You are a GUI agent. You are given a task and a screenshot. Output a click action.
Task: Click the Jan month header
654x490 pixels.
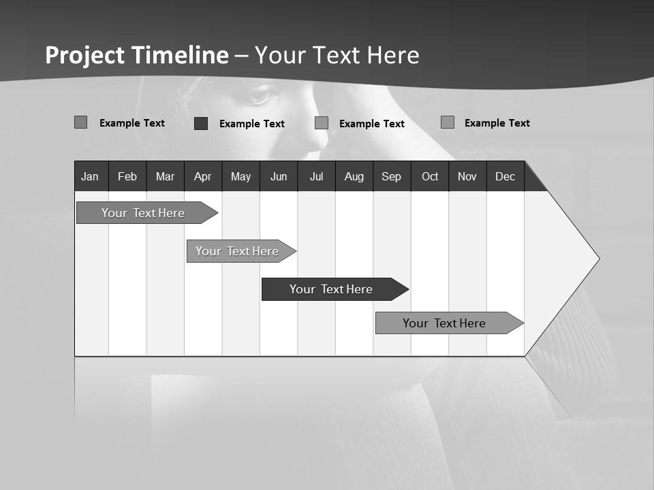90,176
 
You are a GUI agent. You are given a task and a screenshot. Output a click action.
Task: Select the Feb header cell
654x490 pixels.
127,176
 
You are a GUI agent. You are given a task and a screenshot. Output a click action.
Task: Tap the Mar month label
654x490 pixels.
165,176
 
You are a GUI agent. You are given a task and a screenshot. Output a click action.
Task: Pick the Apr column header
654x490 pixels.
202,176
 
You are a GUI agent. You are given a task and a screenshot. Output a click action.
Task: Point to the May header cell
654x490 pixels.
240,176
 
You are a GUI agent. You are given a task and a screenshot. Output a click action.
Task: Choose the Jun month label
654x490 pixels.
279,176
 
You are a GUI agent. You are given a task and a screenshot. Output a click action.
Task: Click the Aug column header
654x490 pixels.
354,176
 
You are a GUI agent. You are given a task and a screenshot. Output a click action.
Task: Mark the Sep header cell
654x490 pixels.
391,176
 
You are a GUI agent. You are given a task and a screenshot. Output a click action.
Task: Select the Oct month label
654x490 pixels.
430,176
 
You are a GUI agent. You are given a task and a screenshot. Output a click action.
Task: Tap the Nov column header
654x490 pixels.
467,176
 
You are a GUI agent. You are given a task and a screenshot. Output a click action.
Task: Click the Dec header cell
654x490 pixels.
505,176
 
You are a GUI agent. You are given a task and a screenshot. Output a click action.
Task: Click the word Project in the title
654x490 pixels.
86,55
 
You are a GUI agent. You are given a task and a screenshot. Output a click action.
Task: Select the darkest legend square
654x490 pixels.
201,123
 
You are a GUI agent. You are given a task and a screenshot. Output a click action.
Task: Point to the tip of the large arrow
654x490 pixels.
598,259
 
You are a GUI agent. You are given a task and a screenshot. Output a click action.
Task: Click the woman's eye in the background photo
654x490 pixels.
260,97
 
